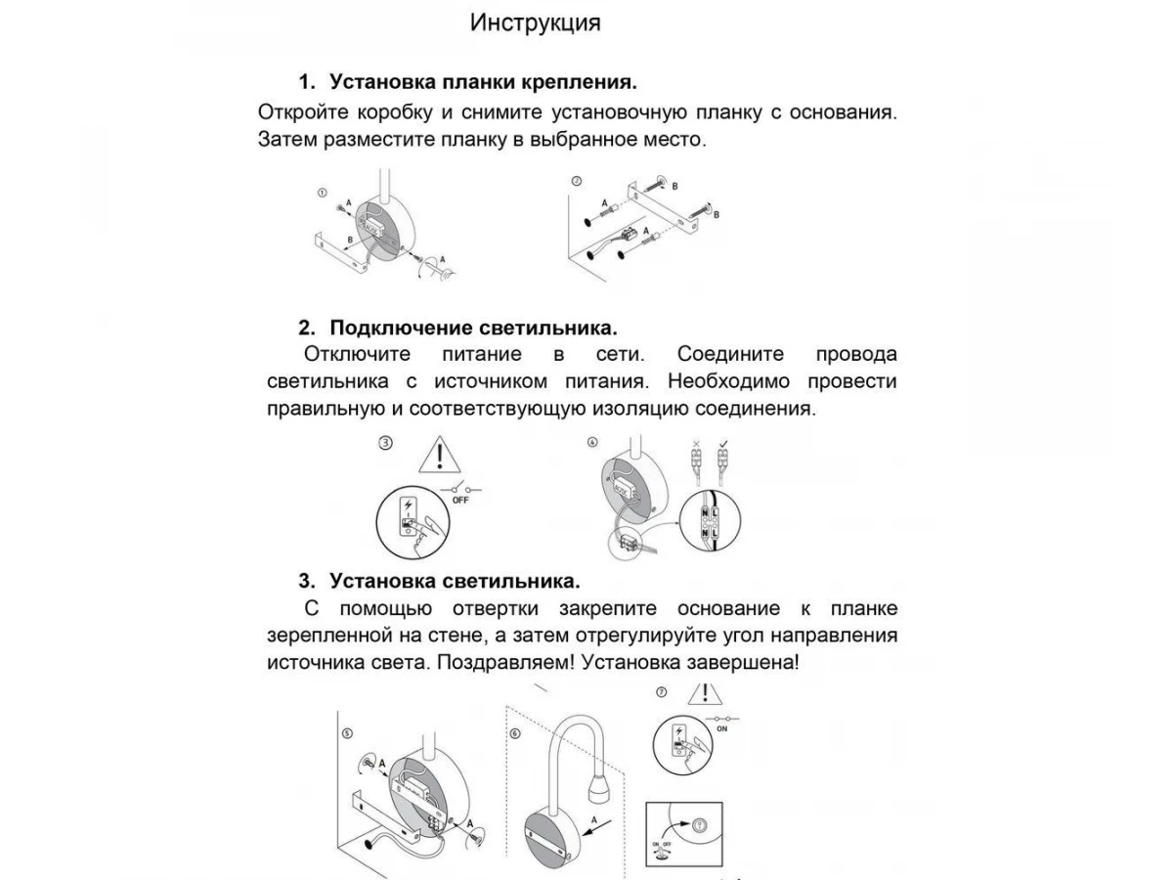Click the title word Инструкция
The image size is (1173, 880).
pos(535,22)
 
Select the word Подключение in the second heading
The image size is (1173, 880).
pos(402,327)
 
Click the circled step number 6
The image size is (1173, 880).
pos(515,732)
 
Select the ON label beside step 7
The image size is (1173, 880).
pos(722,727)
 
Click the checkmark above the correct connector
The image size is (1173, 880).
pos(722,445)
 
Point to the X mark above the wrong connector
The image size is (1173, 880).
pos(696,445)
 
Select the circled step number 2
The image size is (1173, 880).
pos(576,181)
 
